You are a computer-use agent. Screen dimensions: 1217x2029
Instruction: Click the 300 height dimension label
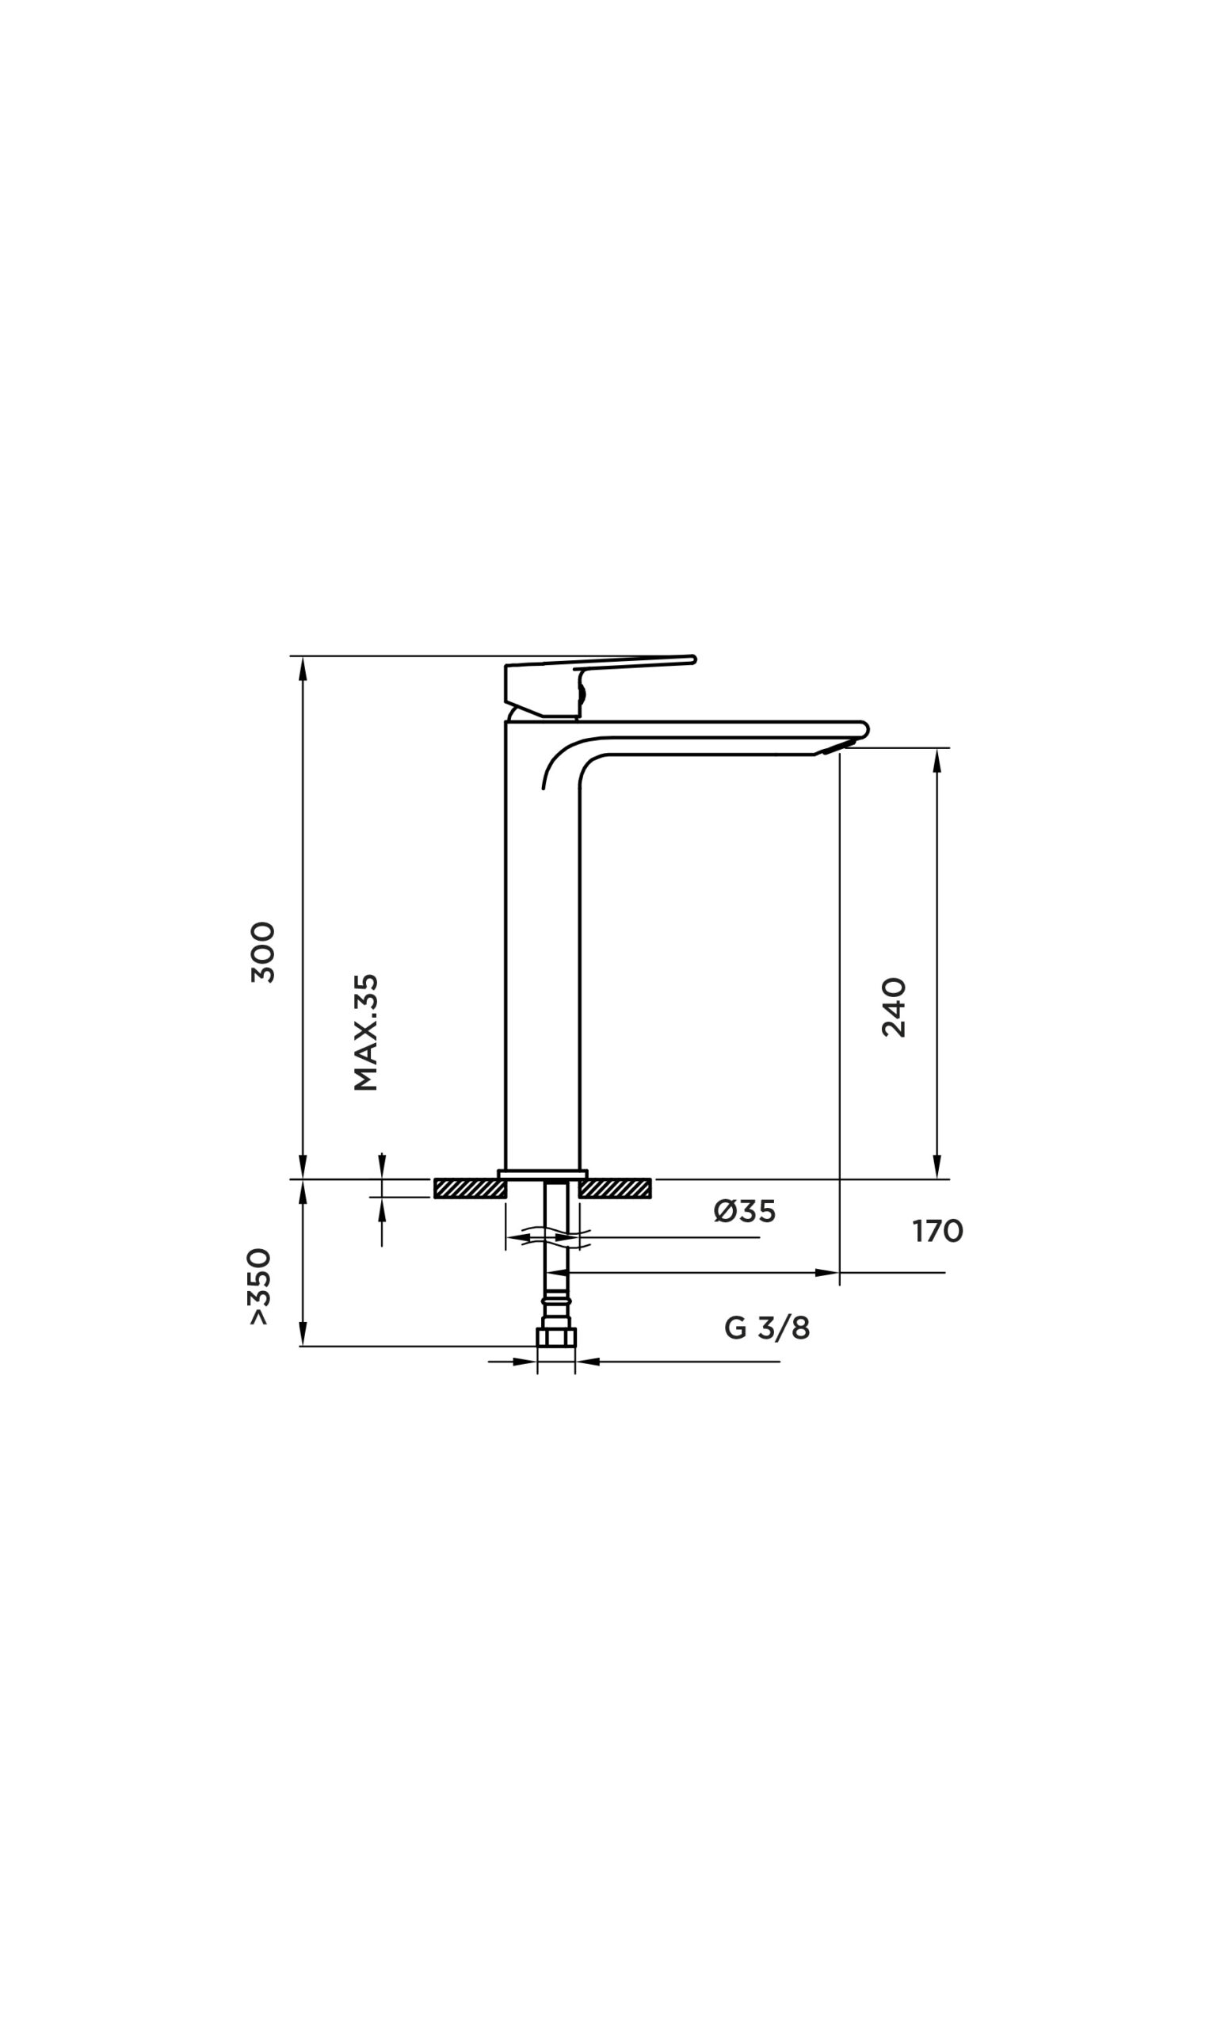[263, 951]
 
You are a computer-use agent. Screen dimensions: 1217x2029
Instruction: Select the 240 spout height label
[894, 1008]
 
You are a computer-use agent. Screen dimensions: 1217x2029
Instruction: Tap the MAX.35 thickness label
[366, 1032]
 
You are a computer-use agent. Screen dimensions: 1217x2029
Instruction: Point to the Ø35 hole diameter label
[744, 1210]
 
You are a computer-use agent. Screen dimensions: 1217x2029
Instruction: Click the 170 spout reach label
[937, 1231]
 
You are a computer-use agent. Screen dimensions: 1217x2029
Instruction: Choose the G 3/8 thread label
[767, 1328]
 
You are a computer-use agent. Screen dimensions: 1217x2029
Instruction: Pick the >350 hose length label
[259, 1286]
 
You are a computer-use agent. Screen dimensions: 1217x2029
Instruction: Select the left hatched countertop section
[470, 1188]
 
